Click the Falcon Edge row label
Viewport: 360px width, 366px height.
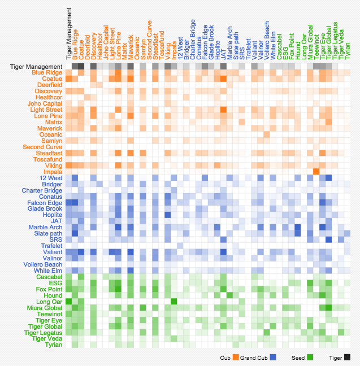(45, 203)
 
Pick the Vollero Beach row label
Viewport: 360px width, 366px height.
(43, 264)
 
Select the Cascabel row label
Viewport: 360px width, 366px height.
(49, 277)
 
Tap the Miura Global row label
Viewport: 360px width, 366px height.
(45, 308)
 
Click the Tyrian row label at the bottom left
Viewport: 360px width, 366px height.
(54, 345)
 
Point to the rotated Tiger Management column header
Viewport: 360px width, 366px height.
(69, 34)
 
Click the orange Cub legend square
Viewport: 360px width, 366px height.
(236, 357)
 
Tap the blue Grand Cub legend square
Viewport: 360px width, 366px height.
(273, 357)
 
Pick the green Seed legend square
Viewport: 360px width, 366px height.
(310, 357)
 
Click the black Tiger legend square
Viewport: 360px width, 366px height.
(347, 357)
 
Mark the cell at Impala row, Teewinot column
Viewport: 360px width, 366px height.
(316, 172)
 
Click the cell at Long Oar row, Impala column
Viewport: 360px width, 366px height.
(174, 302)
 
